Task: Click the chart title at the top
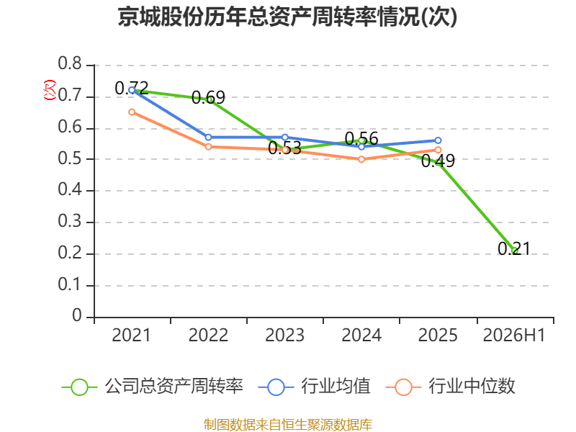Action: point(287,17)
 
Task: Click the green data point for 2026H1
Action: point(515,251)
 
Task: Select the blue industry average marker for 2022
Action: point(208,137)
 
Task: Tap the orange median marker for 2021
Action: point(132,112)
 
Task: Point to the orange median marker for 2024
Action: point(361,159)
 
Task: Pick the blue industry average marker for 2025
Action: point(438,140)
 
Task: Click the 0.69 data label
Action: point(208,97)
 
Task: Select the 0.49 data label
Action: point(438,161)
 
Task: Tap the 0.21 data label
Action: point(514,248)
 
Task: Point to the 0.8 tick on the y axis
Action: point(70,63)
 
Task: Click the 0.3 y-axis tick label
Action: point(70,222)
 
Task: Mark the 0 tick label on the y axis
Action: point(77,316)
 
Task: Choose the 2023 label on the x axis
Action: point(284,335)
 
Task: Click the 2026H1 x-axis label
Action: point(514,335)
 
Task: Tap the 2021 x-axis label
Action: point(131,335)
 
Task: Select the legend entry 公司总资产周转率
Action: point(153,387)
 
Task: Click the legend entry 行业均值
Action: point(315,387)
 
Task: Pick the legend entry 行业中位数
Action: point(451,387)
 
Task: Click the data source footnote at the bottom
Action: point(288,425)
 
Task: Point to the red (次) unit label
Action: point(50,90)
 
